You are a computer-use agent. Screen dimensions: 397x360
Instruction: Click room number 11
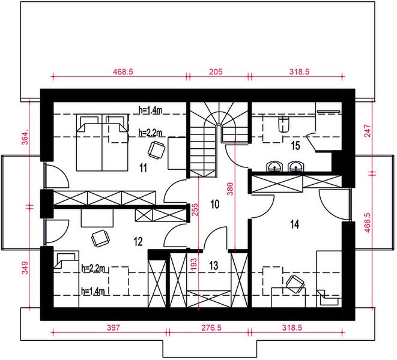pyautogui.click(x=144, y=168)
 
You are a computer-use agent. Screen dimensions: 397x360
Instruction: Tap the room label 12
pyautogui.click(x=138, y=242)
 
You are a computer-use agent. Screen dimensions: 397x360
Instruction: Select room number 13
pyautogui.click(x=214, y=265)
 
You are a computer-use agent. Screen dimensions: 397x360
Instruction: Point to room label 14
pyautogui.click(x=295, y=224)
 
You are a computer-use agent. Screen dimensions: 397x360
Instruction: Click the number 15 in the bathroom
pyautogui.click(x=295, y=145)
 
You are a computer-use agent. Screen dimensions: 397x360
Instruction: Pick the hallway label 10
pyautogui.click(x=214, y=204)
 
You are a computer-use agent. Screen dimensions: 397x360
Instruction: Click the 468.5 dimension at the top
pyautogui.click(x=123, y=72)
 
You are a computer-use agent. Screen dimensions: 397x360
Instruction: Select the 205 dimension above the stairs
pyautogui.click(x=216, y=72)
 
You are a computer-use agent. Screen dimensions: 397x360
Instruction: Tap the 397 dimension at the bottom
pyautogui.click(x=113, y=328)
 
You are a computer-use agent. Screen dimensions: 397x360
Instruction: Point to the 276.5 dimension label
pyautogui.click(x=211, y=328)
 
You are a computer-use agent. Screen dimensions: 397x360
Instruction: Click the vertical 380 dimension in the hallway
pyautogui.click(x=230, y=189)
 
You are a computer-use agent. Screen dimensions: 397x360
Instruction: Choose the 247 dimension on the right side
pyautogui.click(x=368, y=131)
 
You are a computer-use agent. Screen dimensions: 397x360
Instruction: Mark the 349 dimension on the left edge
pyautogui.click(x=25, y=268)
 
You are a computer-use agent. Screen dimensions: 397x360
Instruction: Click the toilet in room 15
pyautogui.click(x=283, y=124)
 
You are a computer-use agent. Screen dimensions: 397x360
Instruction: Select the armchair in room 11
pyautogui.click(x=157, y=150)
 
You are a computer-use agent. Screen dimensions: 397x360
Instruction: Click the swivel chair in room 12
pyautogui.click(x=100, y=238)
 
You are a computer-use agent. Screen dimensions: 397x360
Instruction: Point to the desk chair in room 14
pyautogui.click(x=295, y=284)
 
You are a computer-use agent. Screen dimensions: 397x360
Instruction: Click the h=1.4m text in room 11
pyautogui.click(x=150, y=110)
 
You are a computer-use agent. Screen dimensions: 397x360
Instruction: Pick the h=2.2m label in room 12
pyautogui.click(x=93, y=268)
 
